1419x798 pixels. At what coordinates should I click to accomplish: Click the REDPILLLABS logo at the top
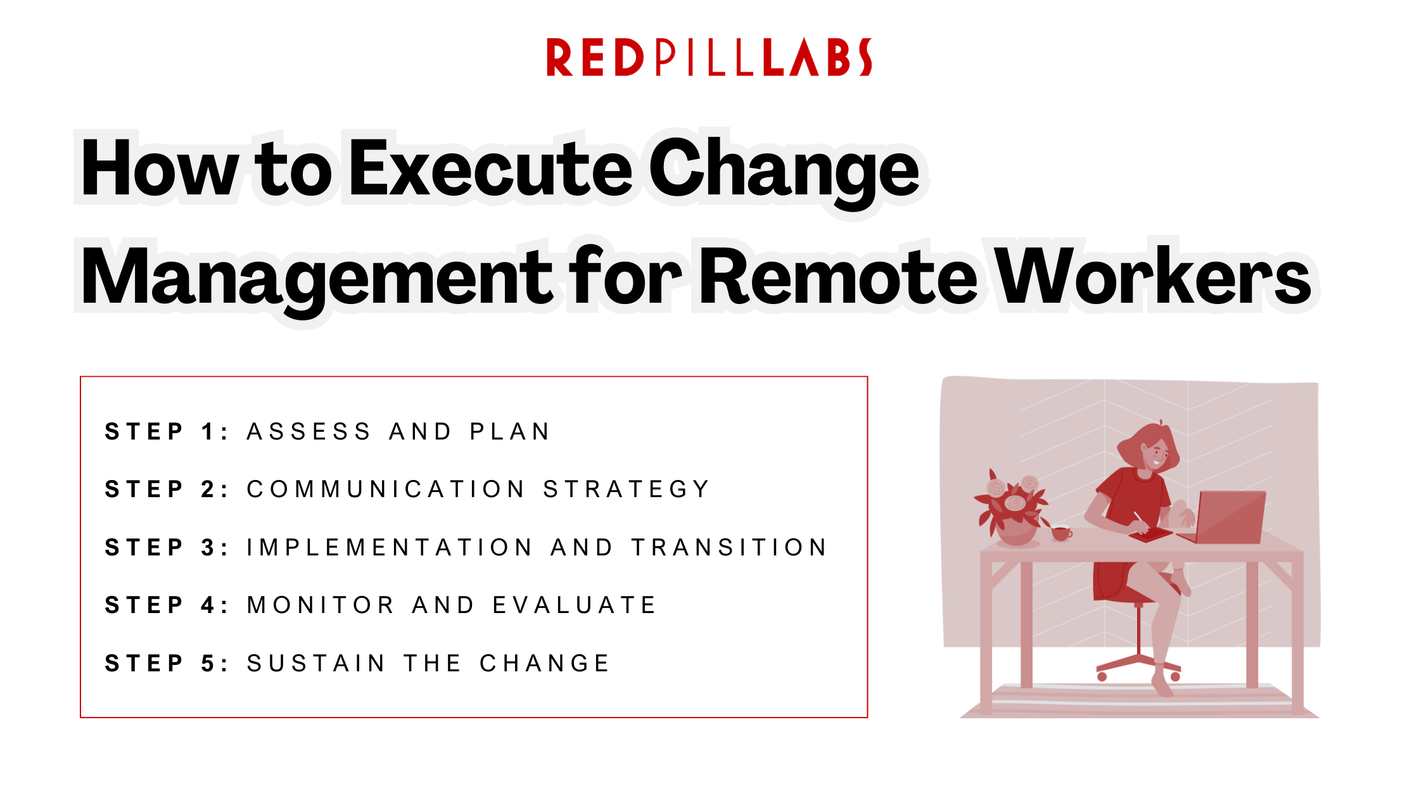click(x=709, y=57)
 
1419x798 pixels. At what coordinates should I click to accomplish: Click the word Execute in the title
click(x=490, y=168)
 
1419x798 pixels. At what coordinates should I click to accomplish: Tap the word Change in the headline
click(x=784, y=168)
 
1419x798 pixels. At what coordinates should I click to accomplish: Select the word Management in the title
click(x=317, y=277)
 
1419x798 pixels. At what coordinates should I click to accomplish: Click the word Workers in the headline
click(x=1153, y=277)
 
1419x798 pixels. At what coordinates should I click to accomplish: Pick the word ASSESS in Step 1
click(x=309, y=432)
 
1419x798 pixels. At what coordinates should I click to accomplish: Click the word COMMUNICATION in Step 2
click(x=386, y=490)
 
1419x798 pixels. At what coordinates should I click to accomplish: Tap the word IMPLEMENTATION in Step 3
click(x=390, y=548)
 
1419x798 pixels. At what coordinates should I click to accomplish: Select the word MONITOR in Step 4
click(x=321, y=605)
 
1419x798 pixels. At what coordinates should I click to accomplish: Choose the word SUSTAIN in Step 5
click(x=316, y=664)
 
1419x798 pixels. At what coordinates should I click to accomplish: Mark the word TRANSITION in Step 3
click(x=729, y=548)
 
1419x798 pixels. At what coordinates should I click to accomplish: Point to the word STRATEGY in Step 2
click(x=627, y=490)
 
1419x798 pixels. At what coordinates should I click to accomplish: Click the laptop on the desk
click(x=1229, y=518)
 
